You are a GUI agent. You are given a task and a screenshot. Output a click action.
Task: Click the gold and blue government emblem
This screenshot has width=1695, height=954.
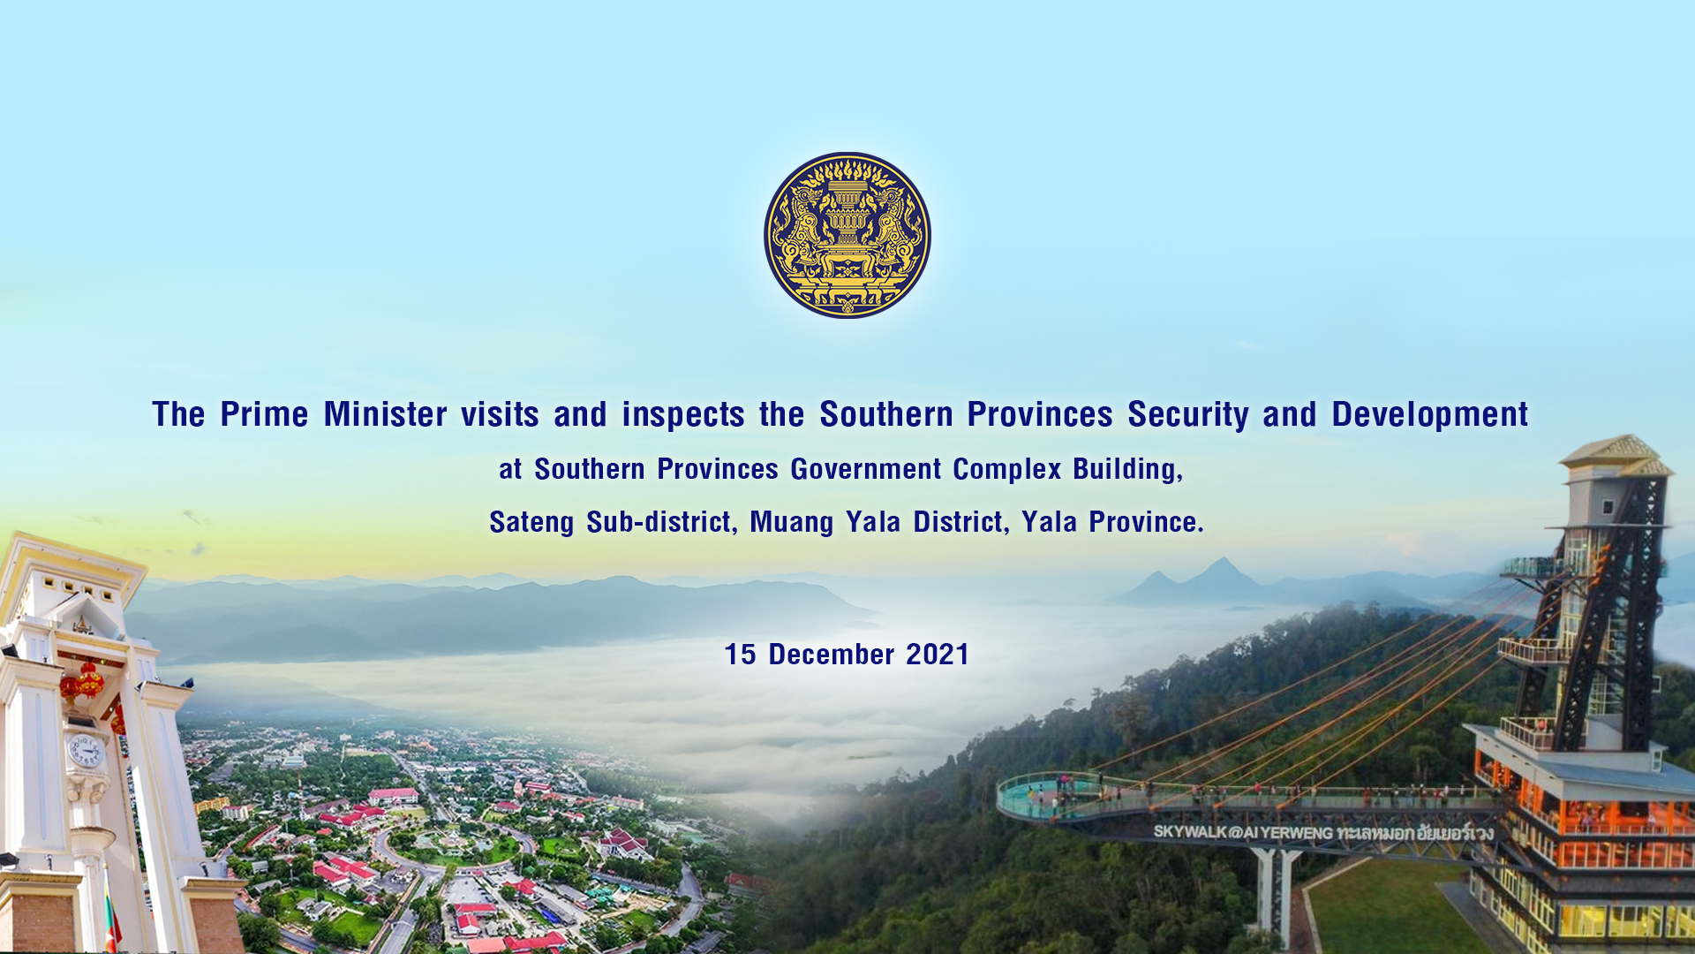point(847,235)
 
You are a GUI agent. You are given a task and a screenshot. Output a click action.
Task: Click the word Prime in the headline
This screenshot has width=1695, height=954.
point(264,414)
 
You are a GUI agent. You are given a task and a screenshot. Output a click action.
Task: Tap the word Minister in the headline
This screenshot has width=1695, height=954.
point(385,414)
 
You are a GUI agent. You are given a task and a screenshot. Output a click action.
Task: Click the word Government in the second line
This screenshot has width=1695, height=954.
point(865,469)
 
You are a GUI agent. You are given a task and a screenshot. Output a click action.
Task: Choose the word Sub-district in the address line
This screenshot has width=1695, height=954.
point(661,522)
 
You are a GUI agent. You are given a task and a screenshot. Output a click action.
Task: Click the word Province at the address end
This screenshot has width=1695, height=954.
point(1145,522)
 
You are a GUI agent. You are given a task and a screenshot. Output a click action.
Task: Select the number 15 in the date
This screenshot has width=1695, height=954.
point(740,655)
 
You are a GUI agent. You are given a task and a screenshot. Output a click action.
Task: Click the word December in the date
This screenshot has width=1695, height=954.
point(831,655)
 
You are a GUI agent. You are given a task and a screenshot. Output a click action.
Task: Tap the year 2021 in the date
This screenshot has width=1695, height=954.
point(938,655)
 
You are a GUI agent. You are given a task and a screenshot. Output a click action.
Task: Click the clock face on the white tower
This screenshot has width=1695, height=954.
point(87,751)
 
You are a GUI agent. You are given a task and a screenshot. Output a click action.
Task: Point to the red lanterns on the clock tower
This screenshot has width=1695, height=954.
point(85,680)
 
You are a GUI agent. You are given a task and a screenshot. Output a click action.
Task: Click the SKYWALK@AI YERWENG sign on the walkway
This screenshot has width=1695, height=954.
point(1322,832)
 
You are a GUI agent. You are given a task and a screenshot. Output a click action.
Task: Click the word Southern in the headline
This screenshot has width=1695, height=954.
point(885,414)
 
